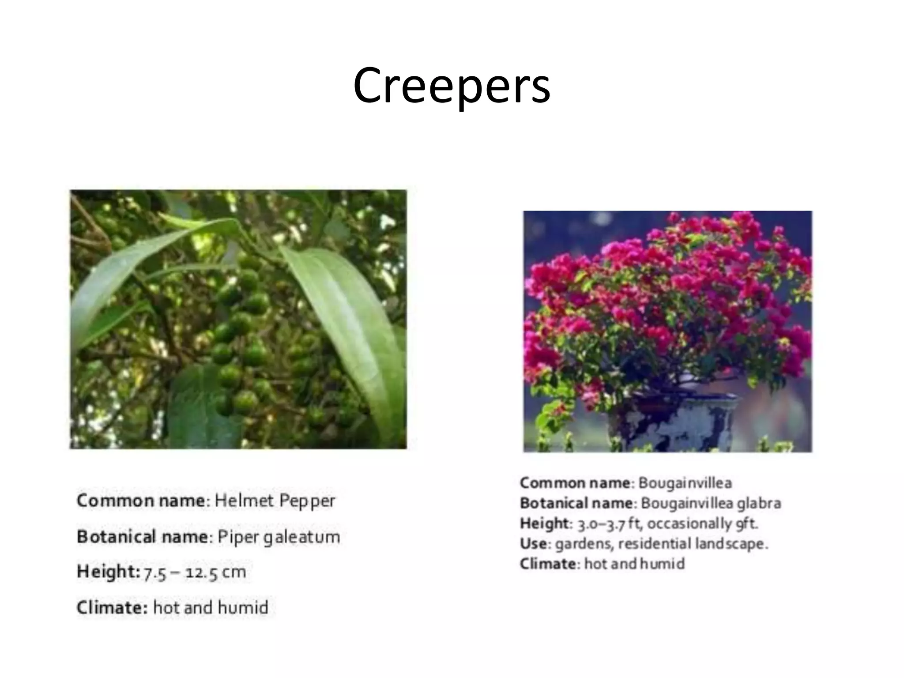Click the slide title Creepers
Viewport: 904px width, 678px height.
tap(451, 86)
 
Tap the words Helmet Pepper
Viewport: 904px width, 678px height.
tap(275, 501)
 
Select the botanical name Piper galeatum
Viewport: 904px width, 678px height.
tap(279, 537)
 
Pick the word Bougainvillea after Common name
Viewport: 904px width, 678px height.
tap(685, 483)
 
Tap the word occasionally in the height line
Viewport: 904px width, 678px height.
tap(689, 524)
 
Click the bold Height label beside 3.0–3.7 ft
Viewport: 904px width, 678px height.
tap(544, 524)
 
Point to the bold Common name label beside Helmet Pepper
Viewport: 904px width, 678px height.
tap(141, 501)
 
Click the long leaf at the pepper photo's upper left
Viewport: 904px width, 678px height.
tap(132, 265)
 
